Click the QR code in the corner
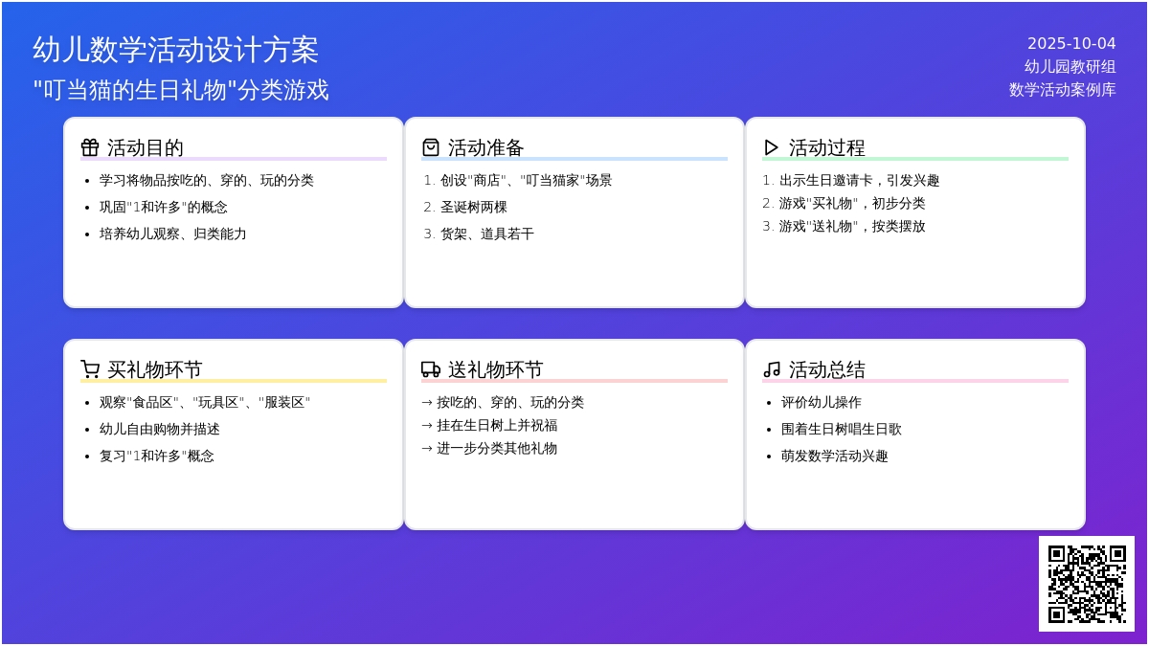point(1087,584)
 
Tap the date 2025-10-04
point(1071,44)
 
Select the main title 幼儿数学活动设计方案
point(175,50)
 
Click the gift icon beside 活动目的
point(90,147)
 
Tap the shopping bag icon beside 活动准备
point(431,147)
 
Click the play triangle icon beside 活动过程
point(771,147)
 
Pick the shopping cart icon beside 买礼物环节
point(90,369)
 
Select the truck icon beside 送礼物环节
point(431,369)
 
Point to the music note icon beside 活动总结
point(772,369)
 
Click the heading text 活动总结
point(827,369)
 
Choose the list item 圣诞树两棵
point(473,207)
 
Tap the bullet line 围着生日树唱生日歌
point(842,429)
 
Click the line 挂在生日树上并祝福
point(497,426)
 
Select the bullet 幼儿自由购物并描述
point(160,429)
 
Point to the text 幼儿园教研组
point(1070,67)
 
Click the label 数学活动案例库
point(1062,90)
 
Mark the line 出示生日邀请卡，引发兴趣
point(859,181)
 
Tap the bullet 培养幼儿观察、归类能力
point(173,234)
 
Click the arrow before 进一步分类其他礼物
point(427,449)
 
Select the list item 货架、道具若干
point(486,234)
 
